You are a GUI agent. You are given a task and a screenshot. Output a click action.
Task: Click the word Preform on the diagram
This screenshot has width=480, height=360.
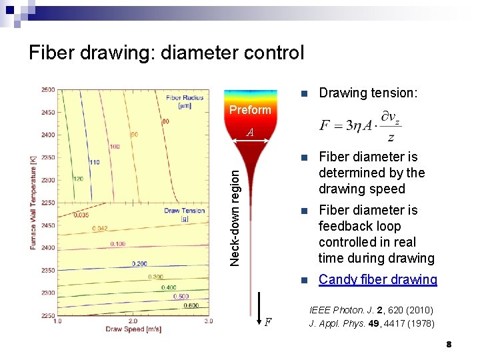pos(250,110)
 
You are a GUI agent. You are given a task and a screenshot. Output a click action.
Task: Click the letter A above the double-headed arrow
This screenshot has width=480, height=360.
pos(249,132)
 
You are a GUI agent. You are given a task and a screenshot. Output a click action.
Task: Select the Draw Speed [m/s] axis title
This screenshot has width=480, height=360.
pos(133,329)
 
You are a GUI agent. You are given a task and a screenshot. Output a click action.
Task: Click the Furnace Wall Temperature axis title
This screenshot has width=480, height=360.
pos(33,204)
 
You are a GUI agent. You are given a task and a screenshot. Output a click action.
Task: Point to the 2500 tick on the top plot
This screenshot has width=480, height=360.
pos(47,90)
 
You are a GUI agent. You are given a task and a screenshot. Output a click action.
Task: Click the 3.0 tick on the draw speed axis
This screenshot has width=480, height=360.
pos(208,321)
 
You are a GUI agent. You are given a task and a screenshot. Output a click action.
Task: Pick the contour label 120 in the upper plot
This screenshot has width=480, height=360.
pos(79,179)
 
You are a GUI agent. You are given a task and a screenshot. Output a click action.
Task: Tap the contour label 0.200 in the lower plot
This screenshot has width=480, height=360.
pos(139,263)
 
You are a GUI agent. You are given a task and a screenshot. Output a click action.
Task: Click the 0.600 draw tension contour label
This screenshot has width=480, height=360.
pos(191,306)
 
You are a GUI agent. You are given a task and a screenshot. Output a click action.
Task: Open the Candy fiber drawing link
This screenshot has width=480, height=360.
pos(377,279)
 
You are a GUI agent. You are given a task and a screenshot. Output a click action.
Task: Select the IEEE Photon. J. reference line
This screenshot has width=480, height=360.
pos(371,310)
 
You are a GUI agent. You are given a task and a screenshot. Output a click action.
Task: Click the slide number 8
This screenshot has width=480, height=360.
pos(449,344)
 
